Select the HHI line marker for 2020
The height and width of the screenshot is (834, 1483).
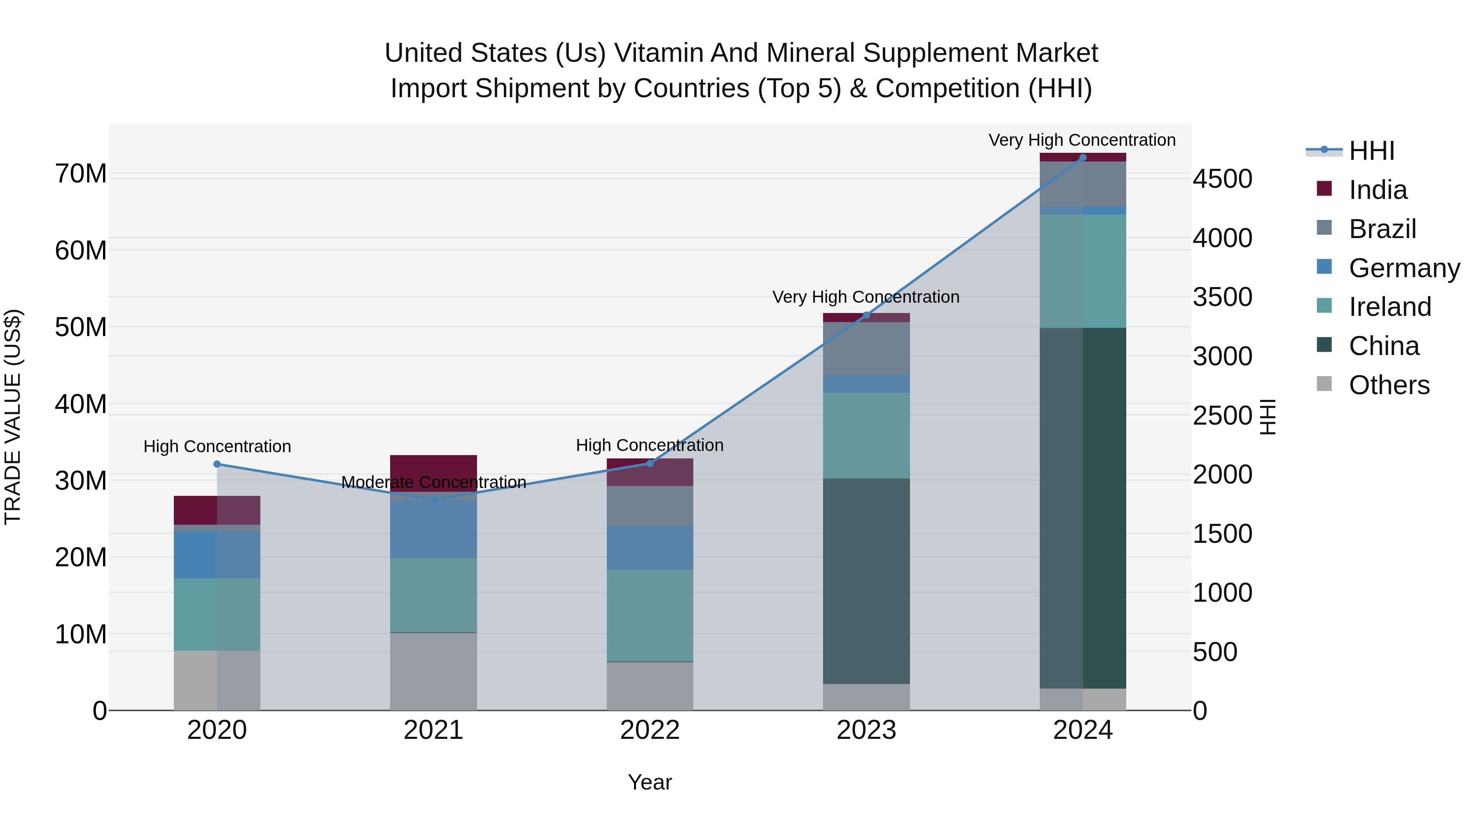pyautogui.click(x=217, y=464)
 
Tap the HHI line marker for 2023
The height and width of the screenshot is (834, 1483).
pyautogui.click(x=866, y=315)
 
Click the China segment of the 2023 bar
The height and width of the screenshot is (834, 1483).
pyautogui.click(x=866, y=581)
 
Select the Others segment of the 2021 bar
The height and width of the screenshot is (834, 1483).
pyautogui.click(x=433, y=671)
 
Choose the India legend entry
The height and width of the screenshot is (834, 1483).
pyautogui.click(x=1377, y=190)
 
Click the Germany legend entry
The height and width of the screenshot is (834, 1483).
pyautogui.click(x=1403, y=268)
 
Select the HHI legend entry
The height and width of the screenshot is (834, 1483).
pyautogui.click(x=1371, y=151)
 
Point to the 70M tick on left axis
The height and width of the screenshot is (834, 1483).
pyautogui.click(x=81, y=174)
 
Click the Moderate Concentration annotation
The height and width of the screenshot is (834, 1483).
pyautogui.click(x=433, y=482)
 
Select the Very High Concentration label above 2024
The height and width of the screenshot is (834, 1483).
pyautogui.click(x=1082, y=140)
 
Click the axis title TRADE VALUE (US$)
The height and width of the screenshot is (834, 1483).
pyautogui.click(x=13, y=417)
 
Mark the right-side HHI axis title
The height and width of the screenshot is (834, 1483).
pyautogui.click(x=1268, y=417)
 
